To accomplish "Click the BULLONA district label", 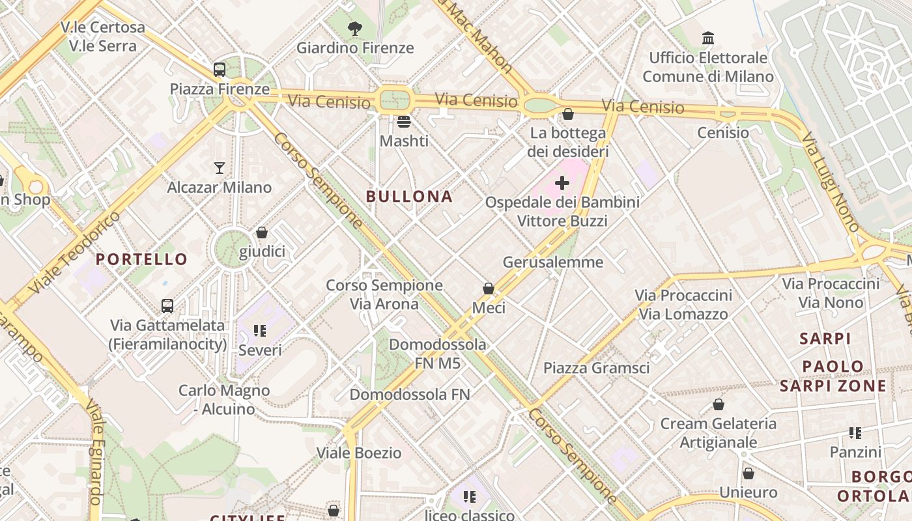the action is (x=409, y=196).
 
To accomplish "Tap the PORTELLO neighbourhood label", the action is (x=141, y=259).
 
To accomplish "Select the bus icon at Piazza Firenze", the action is (x=220, y=70).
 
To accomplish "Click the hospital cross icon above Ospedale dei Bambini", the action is (x=562, y=183).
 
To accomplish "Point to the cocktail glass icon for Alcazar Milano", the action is (x=220, y=168).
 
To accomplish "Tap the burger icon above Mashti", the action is (x=404, y=122).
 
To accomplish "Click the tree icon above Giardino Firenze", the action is (x=355, y=29).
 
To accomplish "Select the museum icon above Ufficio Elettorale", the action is (x=708, y=38).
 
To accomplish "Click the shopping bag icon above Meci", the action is (x=489, y=289).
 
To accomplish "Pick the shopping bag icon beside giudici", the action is (x=262, y=232).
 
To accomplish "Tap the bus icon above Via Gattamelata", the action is (x=167, y=305).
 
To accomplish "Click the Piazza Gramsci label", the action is (x=597, y=368).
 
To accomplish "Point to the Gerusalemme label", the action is (x=553, y=262).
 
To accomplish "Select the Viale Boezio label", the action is (x=359, y=453).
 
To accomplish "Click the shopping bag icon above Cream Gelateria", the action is (x=719, y=404).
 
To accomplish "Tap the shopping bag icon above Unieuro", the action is (x=748, y=473).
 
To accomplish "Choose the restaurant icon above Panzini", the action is (x=855, y=433).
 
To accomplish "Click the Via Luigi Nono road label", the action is (x=830, y=182).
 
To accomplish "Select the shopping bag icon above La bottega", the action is (x=568, y=114).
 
